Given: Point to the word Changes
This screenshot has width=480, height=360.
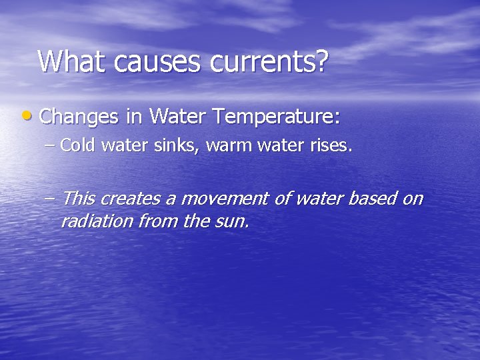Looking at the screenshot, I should (x=79, y=117).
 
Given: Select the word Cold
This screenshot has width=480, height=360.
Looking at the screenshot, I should (x=78, y=145).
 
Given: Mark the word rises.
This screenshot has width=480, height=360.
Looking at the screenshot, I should (x=328, y=145).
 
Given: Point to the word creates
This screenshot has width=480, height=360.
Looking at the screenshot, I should (x=132, y=199).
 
